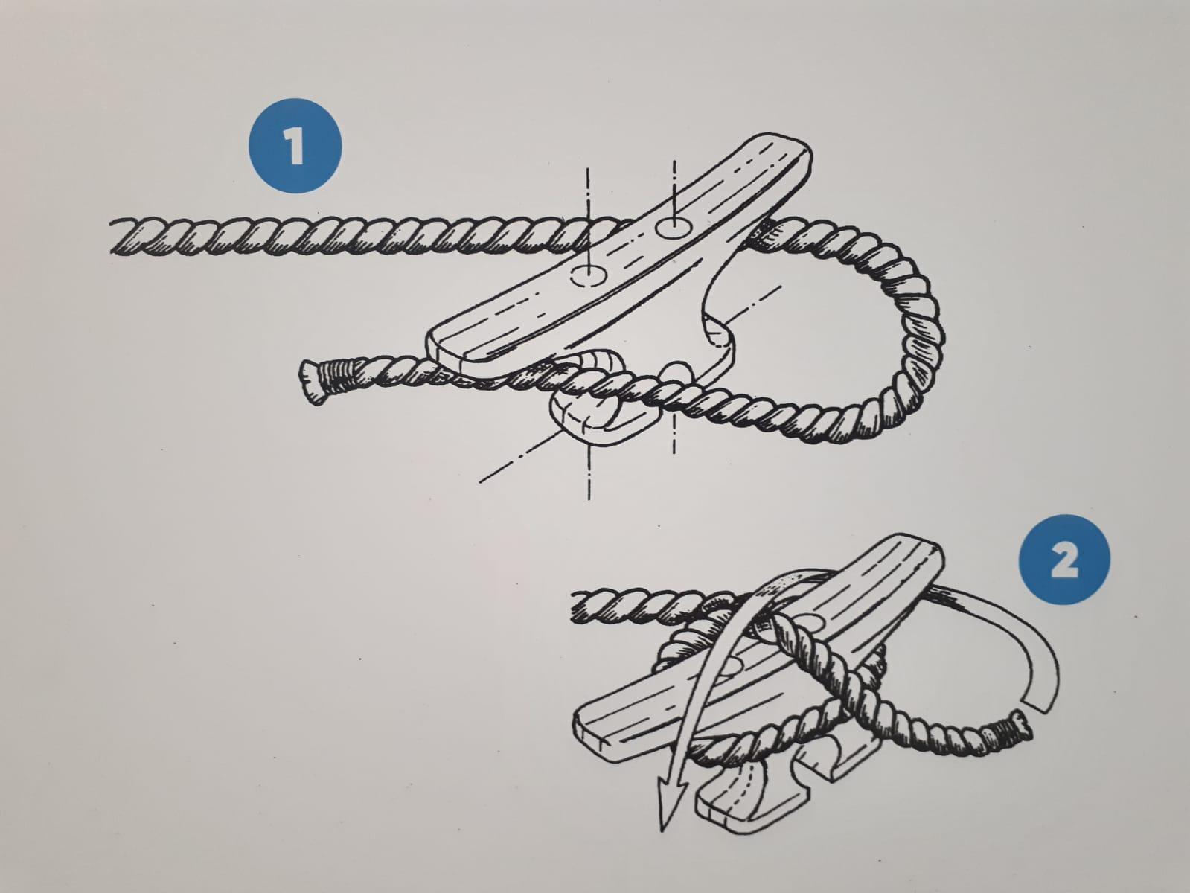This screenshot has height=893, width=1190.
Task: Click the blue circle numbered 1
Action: click(x=295, y=145)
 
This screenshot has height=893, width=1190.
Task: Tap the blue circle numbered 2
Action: click(x=1064, y=560)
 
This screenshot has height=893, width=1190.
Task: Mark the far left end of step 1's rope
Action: click(x=113, y=237)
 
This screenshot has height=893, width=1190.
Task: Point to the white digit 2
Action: click(x=1064, y=560)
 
